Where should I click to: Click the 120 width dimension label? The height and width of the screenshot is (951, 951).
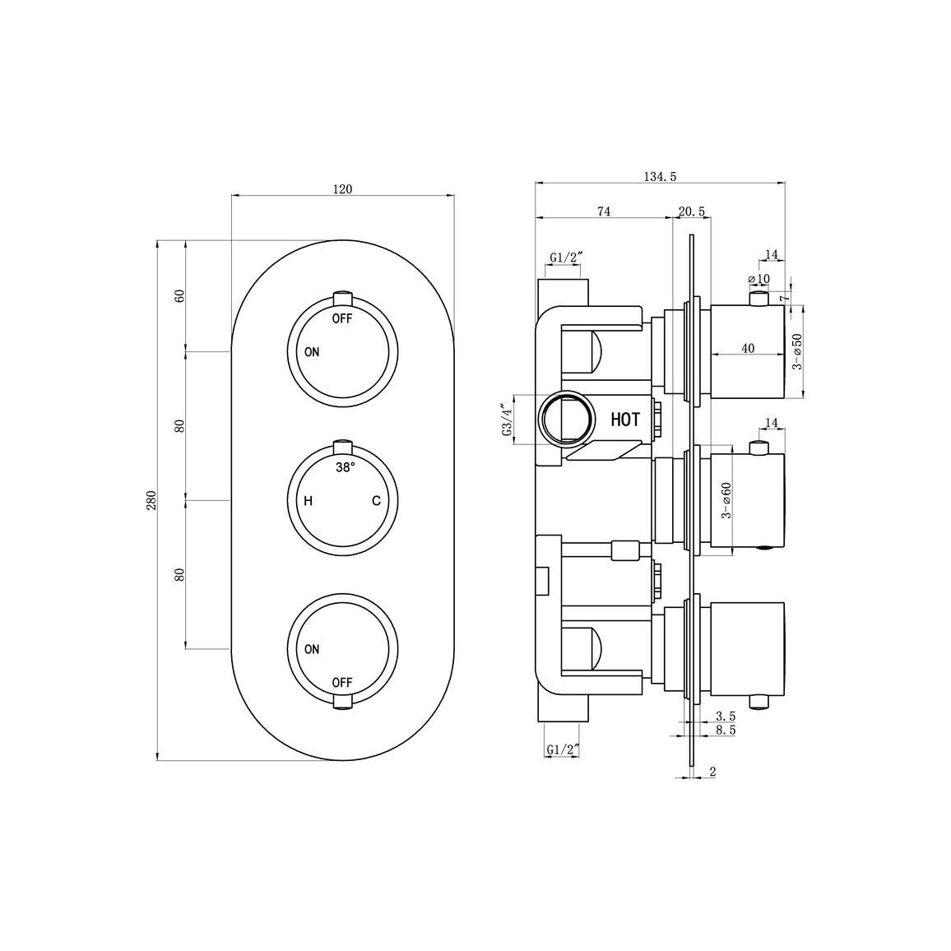(x=342, y=189)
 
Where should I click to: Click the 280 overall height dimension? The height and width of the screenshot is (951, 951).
(x=151, y=500)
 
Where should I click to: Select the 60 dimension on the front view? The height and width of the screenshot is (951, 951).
(x=179, y=295)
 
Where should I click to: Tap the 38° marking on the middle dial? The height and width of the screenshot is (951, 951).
(x=346, y=466)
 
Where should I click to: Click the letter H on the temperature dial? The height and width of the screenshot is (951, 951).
(x=308, y=500)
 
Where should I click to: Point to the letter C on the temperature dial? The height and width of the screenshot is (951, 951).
(x=375, y=500)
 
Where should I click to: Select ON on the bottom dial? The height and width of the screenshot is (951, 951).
(x=312, y=649)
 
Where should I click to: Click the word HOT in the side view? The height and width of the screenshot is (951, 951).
(x=624, y=420)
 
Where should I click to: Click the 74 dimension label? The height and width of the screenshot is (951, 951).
(x=603, y=211)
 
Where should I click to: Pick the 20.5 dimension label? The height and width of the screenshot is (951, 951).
(x=691, y=211)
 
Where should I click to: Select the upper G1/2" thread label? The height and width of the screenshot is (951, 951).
(x=565, y=258)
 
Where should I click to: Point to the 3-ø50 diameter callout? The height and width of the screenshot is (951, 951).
(x=796, y=351)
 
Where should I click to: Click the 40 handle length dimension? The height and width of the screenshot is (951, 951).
(x=747, y=348)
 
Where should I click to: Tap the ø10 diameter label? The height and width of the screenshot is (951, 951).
(x=759, y=279)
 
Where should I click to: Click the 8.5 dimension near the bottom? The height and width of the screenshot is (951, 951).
(x=726, y=729)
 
